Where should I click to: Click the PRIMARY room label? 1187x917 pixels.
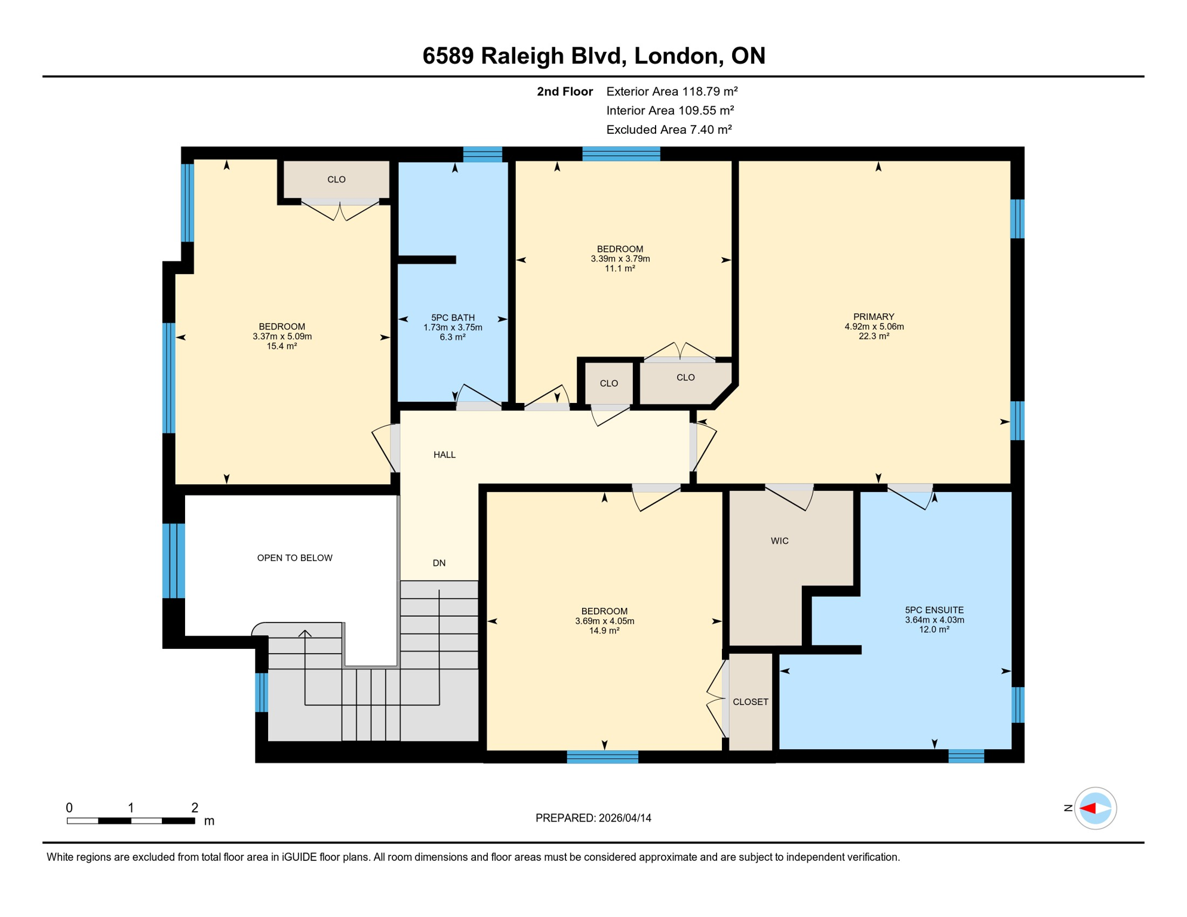tap(874, 317)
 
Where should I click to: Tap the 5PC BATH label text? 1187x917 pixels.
tap(453, 318)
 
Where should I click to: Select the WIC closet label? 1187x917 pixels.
tap(779, 541)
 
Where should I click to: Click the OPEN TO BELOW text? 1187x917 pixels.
tap(294, 558)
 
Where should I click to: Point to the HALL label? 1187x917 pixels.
tap(444, 455)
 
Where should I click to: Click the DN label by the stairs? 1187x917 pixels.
tap(439, 563)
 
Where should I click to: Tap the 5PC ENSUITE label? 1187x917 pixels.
tap(934, 610)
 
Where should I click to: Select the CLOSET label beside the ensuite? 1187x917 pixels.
tap(750, 702)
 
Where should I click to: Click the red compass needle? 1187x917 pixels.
tap(1088, 808)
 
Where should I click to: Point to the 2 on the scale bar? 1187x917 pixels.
tap(195, 808)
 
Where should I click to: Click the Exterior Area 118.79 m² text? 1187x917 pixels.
tap(672, 91)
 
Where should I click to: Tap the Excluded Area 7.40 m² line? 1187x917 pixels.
tap(669, 130)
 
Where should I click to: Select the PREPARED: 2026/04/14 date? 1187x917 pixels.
tap(593, 818)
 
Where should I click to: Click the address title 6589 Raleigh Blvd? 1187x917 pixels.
tap(593, 56)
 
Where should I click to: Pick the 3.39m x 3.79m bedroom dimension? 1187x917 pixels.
tap(620, 259)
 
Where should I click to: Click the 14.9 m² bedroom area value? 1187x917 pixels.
tap(604, 630)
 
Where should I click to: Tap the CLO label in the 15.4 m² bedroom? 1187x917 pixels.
tap(336, 180)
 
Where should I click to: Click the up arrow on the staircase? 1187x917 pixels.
tap(305, 633)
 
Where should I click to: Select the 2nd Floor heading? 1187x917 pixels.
tap(564, 91)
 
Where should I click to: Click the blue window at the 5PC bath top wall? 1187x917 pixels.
tap(482, 154)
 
